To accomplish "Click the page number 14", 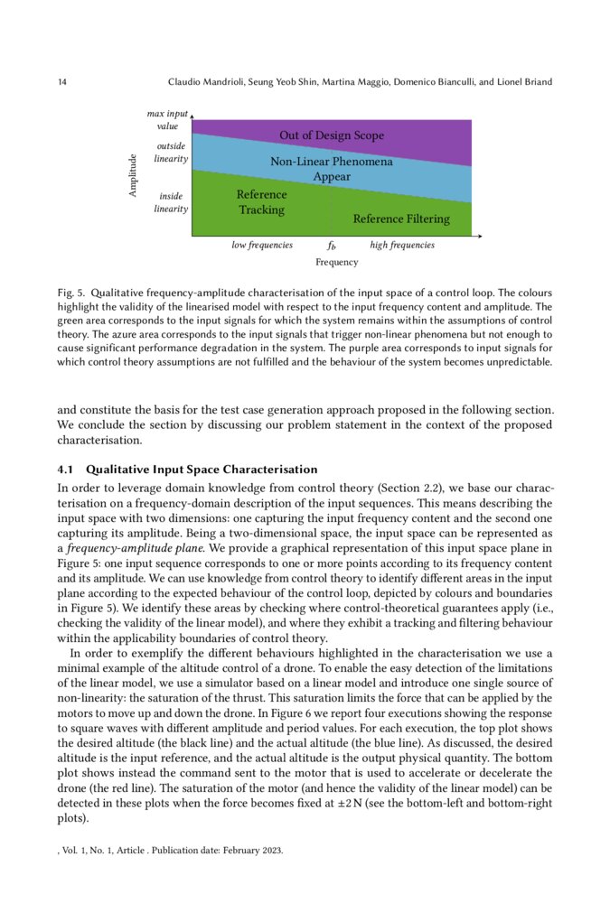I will pyautogui.click(x=61, y=83).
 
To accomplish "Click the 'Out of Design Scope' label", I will pyautogui.click(x=331, y=136).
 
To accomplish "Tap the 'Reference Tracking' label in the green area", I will pyautogui.click(x=261, y=202).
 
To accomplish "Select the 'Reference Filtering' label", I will pyautogui.click(x=400, y=219).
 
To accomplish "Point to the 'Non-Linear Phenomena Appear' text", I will pyautogui.click(x=331, y=169).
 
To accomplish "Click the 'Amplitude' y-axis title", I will pyautogui.click(x=133, y=177).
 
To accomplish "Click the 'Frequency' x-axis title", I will pyautogui.click(x=336, y=263).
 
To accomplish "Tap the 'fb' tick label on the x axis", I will pyautogui.click(x=332, y=246).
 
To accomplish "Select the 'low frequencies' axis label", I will pyautogui.click(x=262, y=245).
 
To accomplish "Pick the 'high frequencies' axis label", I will pyautogui.click(x=402, y=245).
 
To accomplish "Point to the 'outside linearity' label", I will pyautogui.click(x=171, y=152).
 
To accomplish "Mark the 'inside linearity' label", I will pyautogui.click(x=171, y=202).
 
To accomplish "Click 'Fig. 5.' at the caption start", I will pyautogui.click(x=70, y=294).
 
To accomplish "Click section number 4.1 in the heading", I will pyautogui.click(x=66, y=470).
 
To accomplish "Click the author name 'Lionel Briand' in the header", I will pyautogui.click(x=522, y=83).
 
